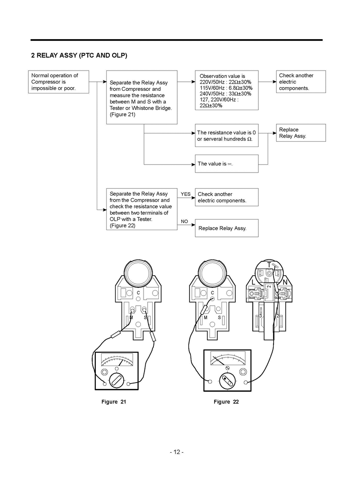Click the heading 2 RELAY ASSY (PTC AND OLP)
tap(79, 56)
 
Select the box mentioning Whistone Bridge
tap(141, 97)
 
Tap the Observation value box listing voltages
tap(226, 90)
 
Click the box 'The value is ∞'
tap(226, 164)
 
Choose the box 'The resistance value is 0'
tap(226, 135)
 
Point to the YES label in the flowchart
tap(186, 194)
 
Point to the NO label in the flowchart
tap(184, 222)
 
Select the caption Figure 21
tap(114, 401)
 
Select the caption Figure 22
tap(226, 401)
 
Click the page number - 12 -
tap(177, 451)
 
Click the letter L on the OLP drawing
tap(254, 281)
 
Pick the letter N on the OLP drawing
tap(284, 281)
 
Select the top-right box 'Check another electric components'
tap(301, 82)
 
